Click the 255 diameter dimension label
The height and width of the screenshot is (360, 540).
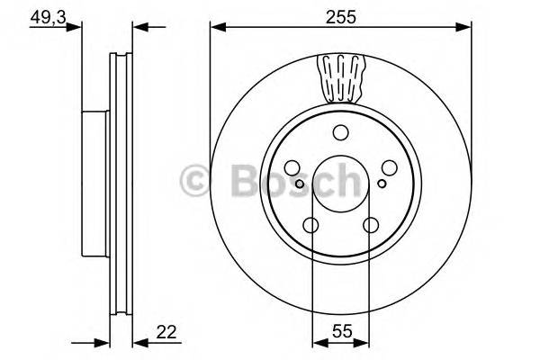click(339, 15)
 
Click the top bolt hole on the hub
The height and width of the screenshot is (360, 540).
click(340, 134)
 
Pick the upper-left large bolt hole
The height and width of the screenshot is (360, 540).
click(295, 167)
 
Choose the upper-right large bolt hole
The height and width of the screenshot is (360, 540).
click(385, 167)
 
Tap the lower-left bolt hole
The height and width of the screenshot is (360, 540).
click(312, 225)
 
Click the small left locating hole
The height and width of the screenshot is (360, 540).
click(302, 183)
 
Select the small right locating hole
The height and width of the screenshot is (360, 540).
click(382, 183)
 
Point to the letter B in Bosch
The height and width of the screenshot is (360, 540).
click(236, 182)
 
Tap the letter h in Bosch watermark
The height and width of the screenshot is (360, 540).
click(345, 182)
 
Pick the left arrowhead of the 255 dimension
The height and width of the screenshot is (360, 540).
click(216, 27)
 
